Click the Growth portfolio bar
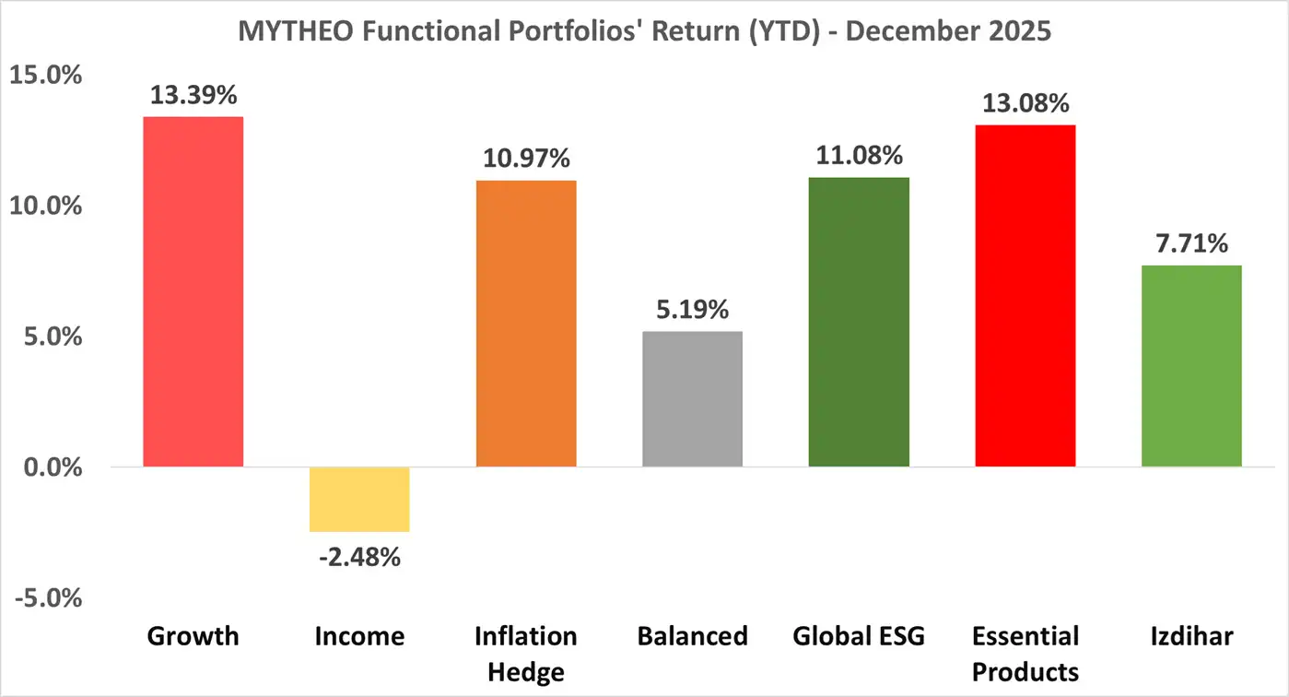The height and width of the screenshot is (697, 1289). tap(193, 291)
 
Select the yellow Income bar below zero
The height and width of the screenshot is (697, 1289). tap(359, 499)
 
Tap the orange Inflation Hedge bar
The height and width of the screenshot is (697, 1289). tap(526, 323)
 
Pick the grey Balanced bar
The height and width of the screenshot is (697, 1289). tap(692, 398)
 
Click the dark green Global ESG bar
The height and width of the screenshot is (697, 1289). tap(859, 322)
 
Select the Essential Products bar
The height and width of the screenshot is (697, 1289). tap(1025, 295)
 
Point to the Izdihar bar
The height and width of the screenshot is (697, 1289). tap(1191, 365)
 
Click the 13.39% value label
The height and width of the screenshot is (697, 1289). tap(194, 95)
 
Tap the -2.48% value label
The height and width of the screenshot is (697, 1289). tap(358, 557)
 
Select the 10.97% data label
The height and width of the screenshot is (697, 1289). tap(526, 159)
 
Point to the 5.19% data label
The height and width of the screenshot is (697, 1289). tap(692, 310)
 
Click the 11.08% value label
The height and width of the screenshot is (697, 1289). tap(859, 156)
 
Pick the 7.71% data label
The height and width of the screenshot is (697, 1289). tap(1191, 243)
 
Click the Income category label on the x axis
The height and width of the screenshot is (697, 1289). tap(359, 636)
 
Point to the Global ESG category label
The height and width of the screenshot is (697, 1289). tap(859, 636)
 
